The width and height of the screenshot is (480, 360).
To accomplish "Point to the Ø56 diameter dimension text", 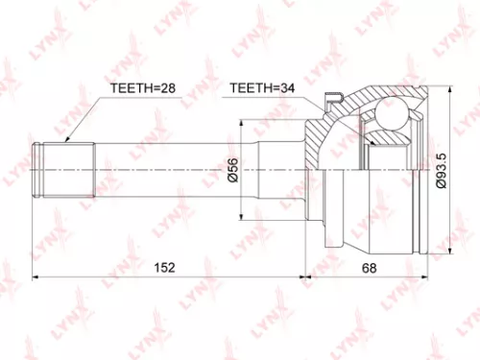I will click(233, 170).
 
